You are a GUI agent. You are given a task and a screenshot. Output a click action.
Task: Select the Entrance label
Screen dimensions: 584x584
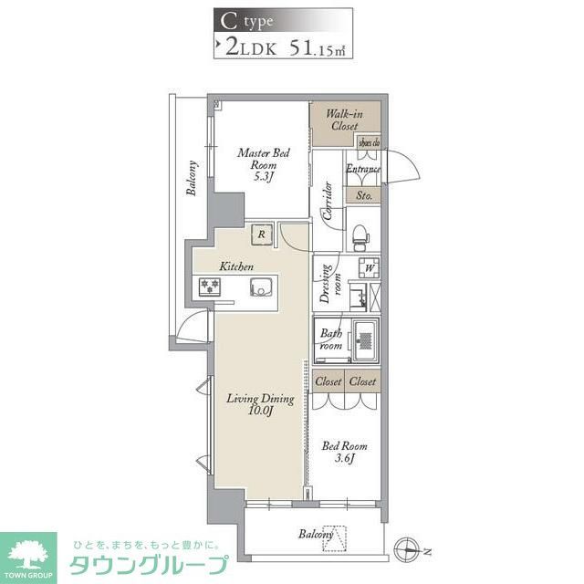pyautogui.click(x=362, y=169)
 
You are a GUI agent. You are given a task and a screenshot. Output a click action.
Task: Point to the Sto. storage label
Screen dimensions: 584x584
pyautogui.click(x=363, y=195)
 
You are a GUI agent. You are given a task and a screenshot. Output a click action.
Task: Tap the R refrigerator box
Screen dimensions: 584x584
pyautogui.click(x=262, y=235)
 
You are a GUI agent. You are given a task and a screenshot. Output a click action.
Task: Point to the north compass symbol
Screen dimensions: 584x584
pyautogui.click(x=407, y=549)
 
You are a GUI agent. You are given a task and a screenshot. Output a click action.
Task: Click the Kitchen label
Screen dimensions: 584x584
pyautogui.click(x=235, y=266)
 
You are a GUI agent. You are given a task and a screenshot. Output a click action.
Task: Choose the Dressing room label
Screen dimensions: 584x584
pyautogui.click(x=325, y=284)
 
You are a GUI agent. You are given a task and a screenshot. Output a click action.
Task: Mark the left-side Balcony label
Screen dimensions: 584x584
pyautogui.click(x=193, y=179)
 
